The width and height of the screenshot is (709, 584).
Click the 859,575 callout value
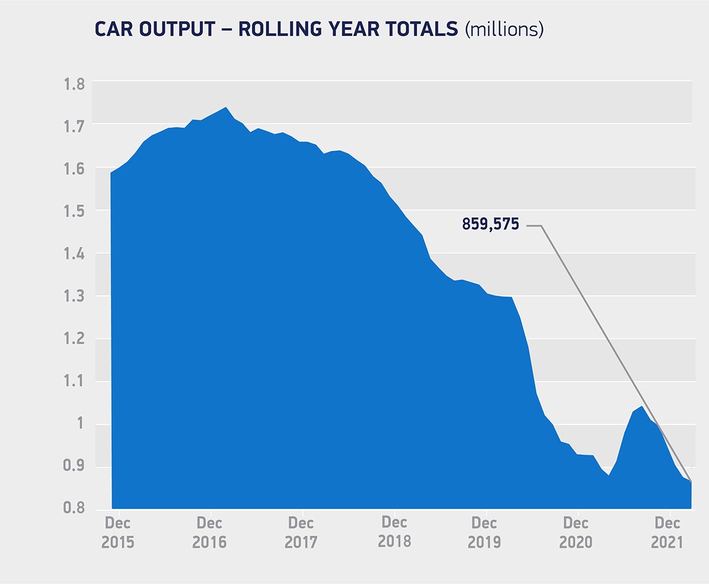(490, 225)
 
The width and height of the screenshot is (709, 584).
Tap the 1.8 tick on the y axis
(74, 83)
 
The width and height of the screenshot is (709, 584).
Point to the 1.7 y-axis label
(74, 126)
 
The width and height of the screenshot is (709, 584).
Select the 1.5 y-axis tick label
(74, 211)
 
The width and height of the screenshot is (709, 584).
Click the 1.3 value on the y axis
(74, 296)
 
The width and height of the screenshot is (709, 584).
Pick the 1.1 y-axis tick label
(74, 381)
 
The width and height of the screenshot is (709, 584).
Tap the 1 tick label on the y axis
(81, 424)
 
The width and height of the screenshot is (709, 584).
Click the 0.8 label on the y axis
(74, 508)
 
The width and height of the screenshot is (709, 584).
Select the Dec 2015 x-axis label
(118, 533)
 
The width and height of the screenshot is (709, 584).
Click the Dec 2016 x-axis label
(210, 533)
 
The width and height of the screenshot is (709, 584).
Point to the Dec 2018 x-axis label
(394, 532)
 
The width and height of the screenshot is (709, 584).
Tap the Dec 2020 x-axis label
(576, 533)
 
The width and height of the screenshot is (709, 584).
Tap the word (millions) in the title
(504, 30)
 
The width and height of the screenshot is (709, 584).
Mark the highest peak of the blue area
(226, 108)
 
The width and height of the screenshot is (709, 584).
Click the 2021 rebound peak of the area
(642, 406)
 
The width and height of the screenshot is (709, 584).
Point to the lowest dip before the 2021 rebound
(609, 475)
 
